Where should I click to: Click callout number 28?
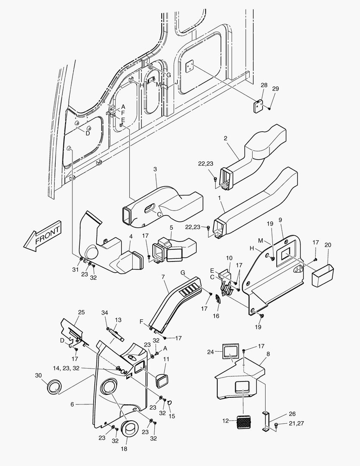[x=264, y=86]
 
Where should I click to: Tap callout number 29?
[x=275, y=88]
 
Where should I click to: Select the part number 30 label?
[x=38, y=375]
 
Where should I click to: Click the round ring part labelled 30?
[x=54, y=387]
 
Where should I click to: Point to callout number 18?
[x=124, y=449]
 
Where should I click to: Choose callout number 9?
[x=280, y=220]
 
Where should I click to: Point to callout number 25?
[x=81, y=312]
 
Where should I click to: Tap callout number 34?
[x=104, y=312]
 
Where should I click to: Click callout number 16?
[x=216, y=316]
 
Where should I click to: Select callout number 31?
[x=76, y=270]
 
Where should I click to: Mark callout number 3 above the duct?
[x=155, y=170]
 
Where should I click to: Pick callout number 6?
[x=72, y=404]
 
